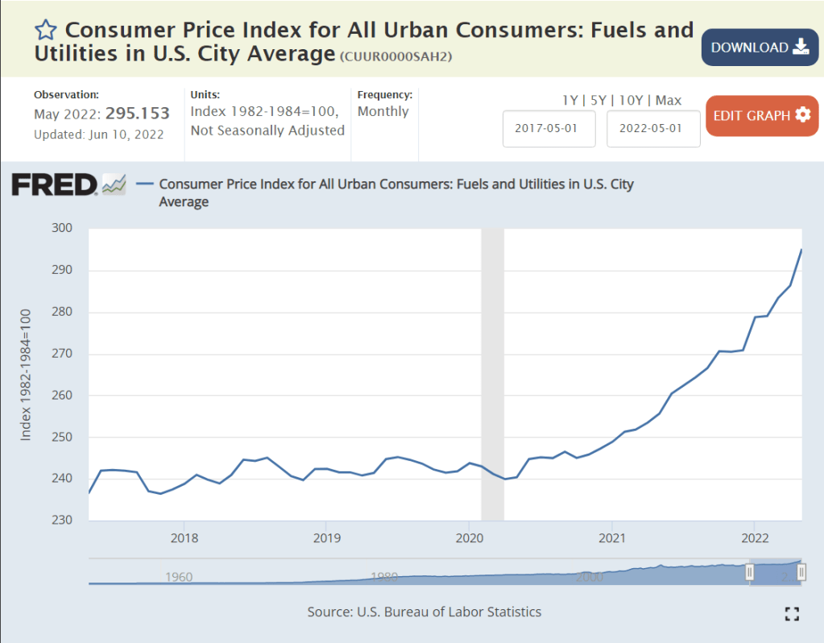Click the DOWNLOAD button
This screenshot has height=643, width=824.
click(x=760, y=48)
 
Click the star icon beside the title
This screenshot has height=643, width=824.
click(x=46, y=31)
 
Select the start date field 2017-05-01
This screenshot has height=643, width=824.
click(x=549, y=129)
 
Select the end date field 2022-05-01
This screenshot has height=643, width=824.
click(x=653, y=129)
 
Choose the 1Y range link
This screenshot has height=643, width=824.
click(x=569, y=101)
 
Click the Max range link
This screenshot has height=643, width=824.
click(x=669, y=101)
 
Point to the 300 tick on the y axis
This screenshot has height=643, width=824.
click(x=63, y=229)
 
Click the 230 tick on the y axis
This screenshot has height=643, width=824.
click(x=63, y=521)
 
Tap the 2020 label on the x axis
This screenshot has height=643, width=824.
click(x=470, y=537)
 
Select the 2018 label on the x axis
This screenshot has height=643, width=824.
click(x=184, y=537)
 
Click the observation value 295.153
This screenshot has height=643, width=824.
click(x=138, y=114)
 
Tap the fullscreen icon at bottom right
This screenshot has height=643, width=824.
click(x=792, y=614)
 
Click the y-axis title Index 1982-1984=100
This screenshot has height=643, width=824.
click(x=26, y=374)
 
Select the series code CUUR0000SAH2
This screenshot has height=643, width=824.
click(x=395, y=56)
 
